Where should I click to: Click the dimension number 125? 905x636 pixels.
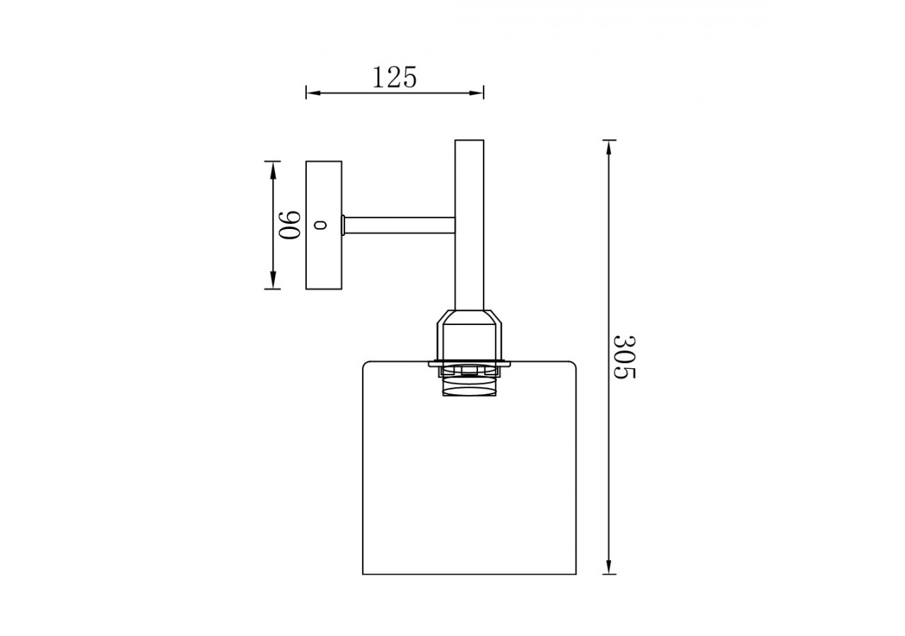click(x=394, y=77)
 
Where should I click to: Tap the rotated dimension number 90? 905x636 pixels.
click(x=290, y=225)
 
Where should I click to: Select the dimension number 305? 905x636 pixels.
click(x=624, y=357)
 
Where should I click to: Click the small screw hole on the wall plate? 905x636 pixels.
click(x=322, y=225)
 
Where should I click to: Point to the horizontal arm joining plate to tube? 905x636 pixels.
click(x=399, y=225)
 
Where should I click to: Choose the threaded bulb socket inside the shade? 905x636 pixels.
click(x=469, y=384)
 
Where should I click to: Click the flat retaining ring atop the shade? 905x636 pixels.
click(x=469, y=364)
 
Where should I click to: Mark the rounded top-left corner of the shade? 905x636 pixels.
click(x=366, y=365)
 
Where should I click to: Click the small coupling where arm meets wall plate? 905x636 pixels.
click(x=344, y=225)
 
